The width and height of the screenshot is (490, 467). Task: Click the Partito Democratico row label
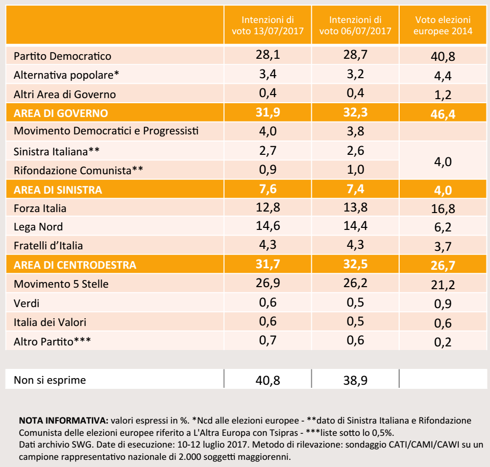[x=62, y=56]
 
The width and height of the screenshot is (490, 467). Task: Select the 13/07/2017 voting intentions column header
[x=268, y=26]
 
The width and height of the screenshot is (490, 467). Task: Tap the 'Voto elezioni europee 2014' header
[x=443, y=26]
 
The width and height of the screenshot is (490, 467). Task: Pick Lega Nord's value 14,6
[x=268, y=226]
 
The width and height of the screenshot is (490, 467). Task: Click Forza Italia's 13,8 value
[x=355, y=207]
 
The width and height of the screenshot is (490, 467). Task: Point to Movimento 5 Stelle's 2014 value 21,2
[x=443, y=285]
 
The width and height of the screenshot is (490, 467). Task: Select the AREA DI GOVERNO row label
[x=61, y=113]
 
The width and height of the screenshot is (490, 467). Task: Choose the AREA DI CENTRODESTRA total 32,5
[x=355, y=264]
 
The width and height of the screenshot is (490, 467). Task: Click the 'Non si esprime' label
[x=50, y=380]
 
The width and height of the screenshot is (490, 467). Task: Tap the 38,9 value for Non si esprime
[x=355, y=380]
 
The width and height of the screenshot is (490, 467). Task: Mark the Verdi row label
[x=27, y=303]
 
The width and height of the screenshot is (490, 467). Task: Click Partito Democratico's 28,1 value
[x=268, y=55]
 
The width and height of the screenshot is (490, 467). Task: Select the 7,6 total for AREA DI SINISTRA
[x=268, y=189]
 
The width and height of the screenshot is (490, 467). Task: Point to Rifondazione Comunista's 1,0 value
[x=355, y=170]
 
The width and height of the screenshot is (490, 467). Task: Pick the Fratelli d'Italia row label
[x=48, y=246]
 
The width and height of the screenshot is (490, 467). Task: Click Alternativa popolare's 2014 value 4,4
[x=443, y=76]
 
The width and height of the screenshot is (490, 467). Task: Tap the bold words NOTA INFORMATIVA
[x=63, y=421]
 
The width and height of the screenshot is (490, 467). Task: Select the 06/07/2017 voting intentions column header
[x=355, y=26]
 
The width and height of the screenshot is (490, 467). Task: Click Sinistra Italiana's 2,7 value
[x=268, y=151]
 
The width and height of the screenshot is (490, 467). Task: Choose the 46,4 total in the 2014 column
[x=443, y=114]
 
